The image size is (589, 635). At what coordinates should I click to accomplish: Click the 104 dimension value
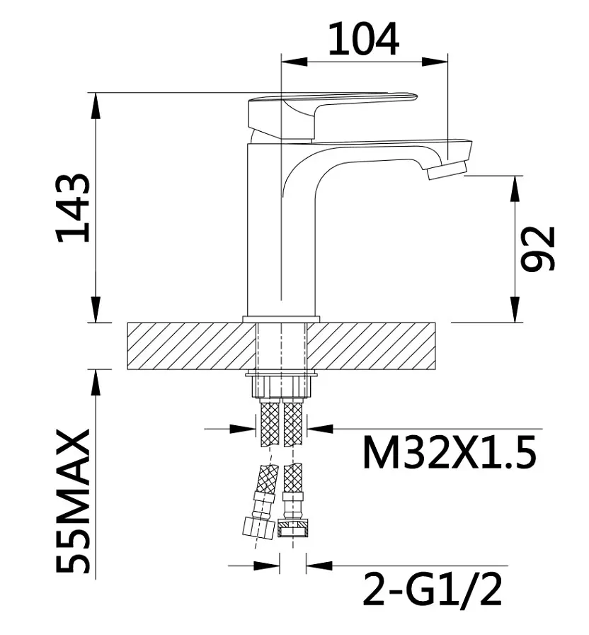click(363, 39)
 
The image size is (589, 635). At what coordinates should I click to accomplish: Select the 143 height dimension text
click(73, 208)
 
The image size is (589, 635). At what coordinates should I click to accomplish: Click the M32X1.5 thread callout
click(450, 452)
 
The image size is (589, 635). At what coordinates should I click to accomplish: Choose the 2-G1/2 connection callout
click(433, 588)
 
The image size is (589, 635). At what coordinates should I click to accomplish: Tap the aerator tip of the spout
click(447, 170)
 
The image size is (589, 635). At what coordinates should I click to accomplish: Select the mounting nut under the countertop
click(282, 386)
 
